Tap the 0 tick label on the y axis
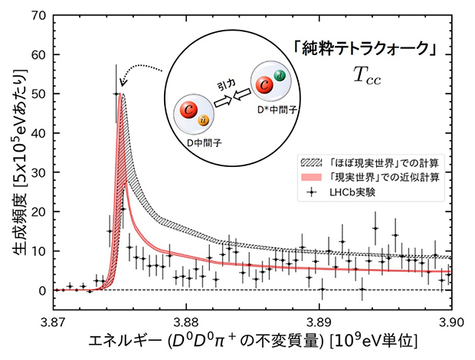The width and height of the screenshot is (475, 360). point(44,290)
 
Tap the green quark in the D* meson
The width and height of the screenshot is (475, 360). point(280,74)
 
